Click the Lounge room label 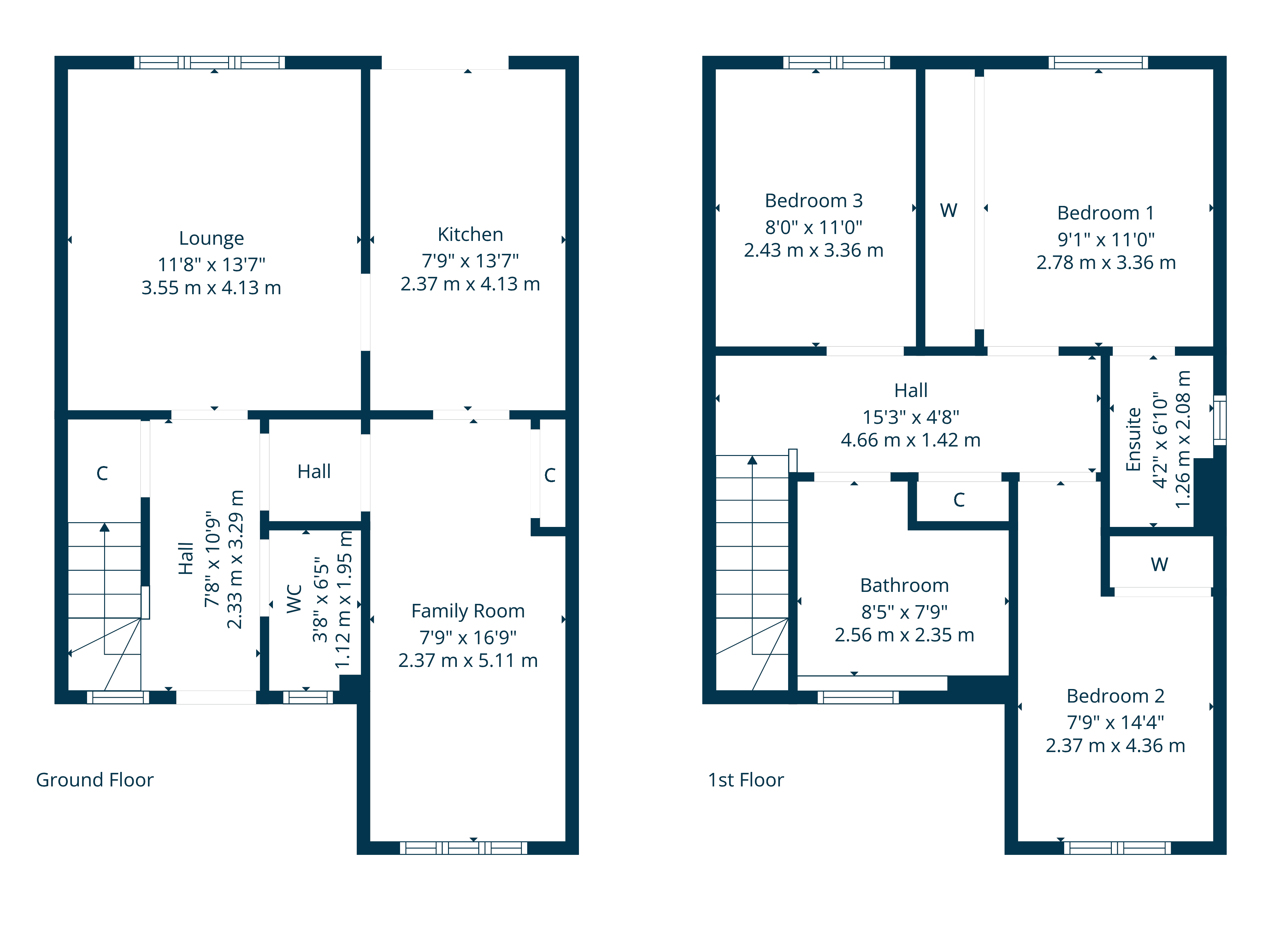(x=211, y=238)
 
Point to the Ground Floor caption (x=95, y=780)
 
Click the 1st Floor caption (x=745, y=780)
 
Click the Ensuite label (x=1133, y=439)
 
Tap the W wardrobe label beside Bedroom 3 (x=948, y=210)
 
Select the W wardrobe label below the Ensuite (x=1159, y=564)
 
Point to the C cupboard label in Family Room (x=549, y=475)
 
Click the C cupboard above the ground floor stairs (x=102, y=473)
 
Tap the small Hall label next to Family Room (x=314, y=471)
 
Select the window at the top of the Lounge (x=209, y=62)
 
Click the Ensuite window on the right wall (x=1219, y=420)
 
